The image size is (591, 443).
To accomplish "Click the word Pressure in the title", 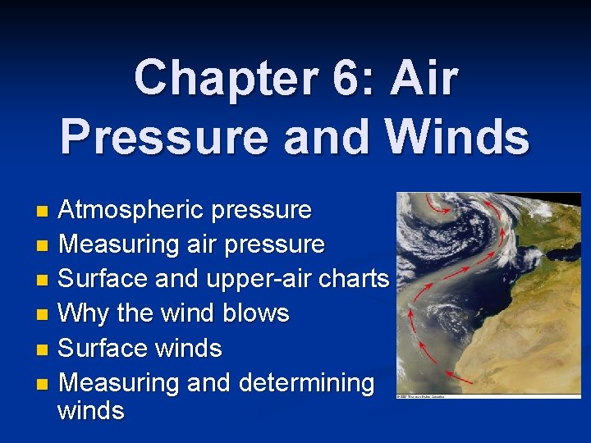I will pos(163,137).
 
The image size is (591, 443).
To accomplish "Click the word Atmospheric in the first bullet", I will pos(131,210).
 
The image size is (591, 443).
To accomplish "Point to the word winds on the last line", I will pos(91,410).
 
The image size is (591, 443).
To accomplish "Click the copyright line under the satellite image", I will pos(427,396).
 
